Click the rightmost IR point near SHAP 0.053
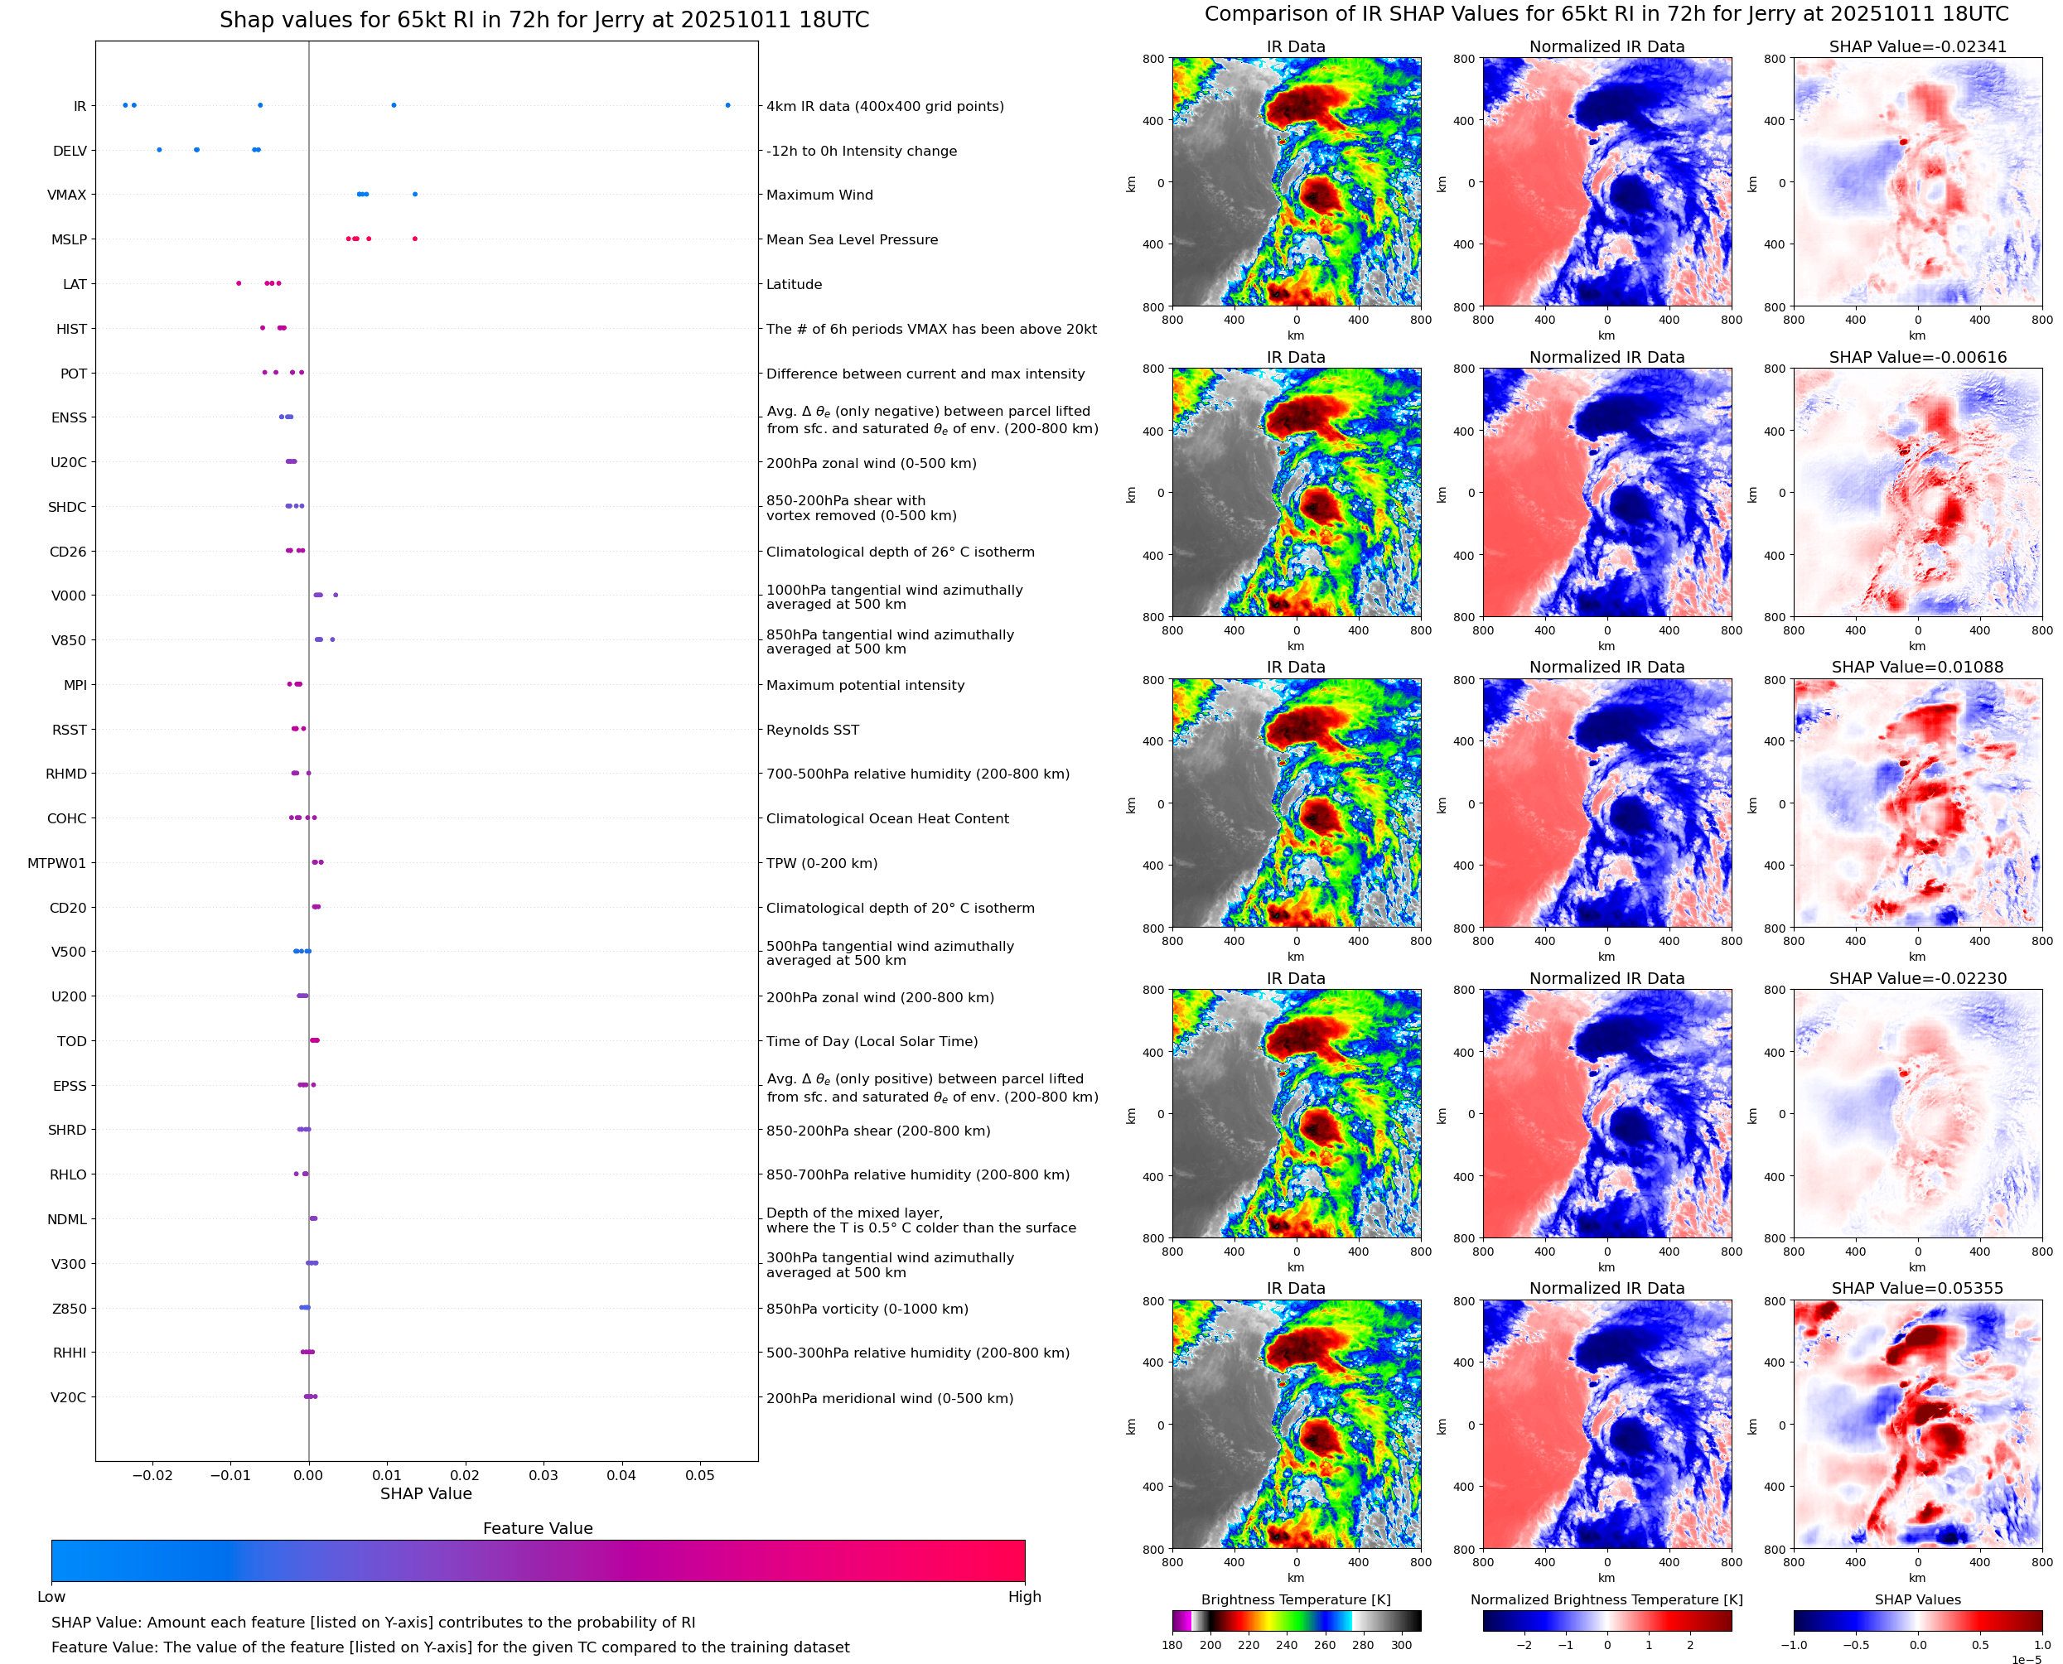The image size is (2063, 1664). tap(727, 105)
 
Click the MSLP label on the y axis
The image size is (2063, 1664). tap(69, 239)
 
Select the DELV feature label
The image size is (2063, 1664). tap(70, 151)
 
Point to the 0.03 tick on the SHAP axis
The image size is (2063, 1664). tap(544, 1474)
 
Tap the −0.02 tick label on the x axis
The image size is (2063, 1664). tap(152, 1474)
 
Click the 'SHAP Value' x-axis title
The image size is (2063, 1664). tap(426, 1493)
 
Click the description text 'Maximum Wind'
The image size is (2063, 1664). tap(819, 195)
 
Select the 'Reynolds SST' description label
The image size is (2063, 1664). tap(813, 730)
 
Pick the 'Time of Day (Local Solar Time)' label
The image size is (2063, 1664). tap(872, 1041)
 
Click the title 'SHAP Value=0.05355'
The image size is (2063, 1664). tap(1917, 1288)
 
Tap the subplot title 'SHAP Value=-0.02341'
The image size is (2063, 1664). tap(1917, 46)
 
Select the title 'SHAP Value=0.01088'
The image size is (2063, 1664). tap(1917, 667)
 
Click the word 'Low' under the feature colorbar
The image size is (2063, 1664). tap(51, 1596)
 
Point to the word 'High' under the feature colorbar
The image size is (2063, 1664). tap(1024, 1596)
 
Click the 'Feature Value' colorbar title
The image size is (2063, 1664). tap(538, 1528)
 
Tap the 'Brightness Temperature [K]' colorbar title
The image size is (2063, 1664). tap(1295, 1599)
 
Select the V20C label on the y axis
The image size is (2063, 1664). tap(68, 1397)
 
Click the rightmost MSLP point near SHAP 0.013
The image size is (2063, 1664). tap(414, 239)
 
